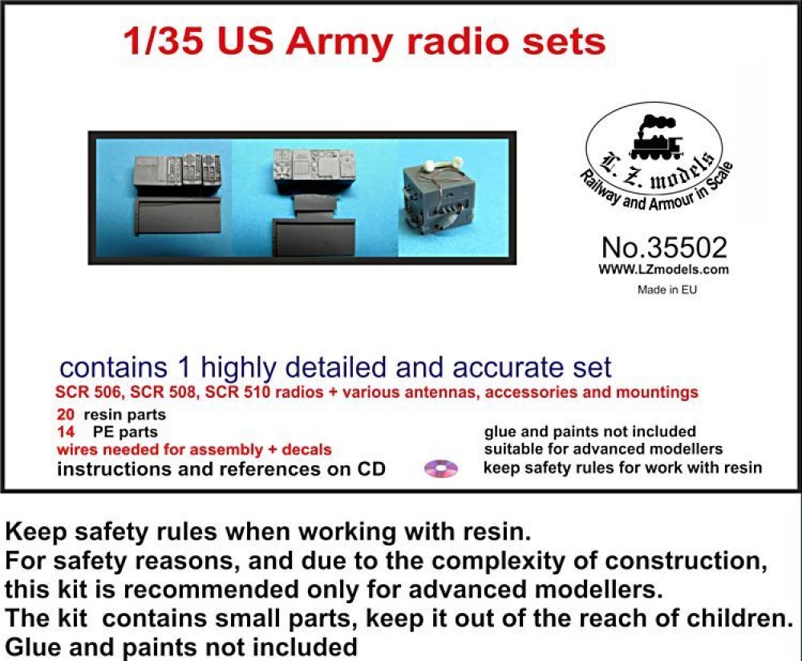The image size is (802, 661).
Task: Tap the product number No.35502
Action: click(663, 247)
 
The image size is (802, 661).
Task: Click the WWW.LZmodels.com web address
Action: click(663, 270)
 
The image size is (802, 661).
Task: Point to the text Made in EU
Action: click(667, 290)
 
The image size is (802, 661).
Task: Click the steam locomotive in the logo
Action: click(655, 140)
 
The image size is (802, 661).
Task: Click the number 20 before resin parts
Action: click(66, 416)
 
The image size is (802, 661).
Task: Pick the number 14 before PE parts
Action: click(66, 432)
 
